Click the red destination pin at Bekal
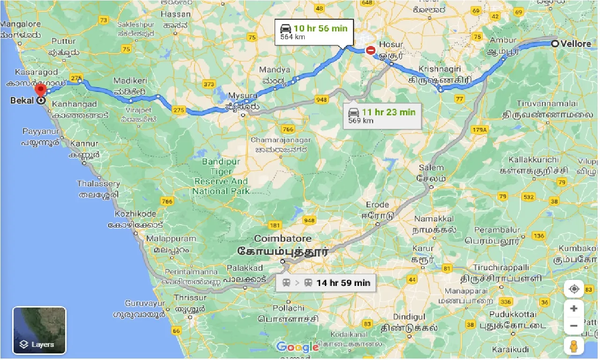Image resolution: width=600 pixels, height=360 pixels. pyautogui.click(x=40, y=90)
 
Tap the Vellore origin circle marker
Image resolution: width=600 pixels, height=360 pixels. pyautogui.click(x=555, y=44)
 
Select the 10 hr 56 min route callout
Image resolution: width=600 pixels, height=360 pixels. pyautogui.click(x=315, y=31)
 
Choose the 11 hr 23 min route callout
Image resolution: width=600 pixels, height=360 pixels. pyautogui.click(x=382, y=115)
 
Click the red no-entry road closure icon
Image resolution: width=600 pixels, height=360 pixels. pyautogui.click(x=371, y=50)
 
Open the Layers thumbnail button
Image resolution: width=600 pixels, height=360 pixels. pyautogui.click(x=39, y=330)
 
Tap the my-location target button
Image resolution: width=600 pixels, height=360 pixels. pyautogui.click(x=574, y=289)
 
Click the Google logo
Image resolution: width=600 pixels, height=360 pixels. pyautogui.click(x=297, y=347)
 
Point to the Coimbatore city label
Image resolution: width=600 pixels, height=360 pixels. pyautogui.click(x=283, y=239)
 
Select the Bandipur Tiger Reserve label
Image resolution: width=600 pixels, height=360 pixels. pyautogui.click(x=221, y=176)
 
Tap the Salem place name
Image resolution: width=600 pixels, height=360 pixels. pyautogui.click(x=431, y=168)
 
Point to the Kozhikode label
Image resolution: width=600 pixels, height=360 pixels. pyautogui.click(x=135, y=214)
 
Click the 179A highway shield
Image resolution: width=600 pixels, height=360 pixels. pyautogui.click(x=480, y=129)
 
